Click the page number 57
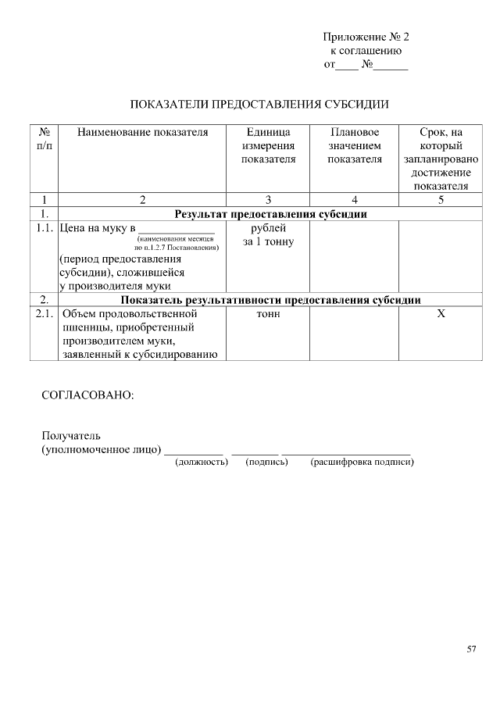(471, 648)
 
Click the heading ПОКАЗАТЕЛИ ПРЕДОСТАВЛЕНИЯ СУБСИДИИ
(259, 104)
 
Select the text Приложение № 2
(366, 37)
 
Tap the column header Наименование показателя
(142, 132)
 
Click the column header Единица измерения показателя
(268, 145)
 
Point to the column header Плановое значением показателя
(354, 145)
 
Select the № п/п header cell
(45, 139)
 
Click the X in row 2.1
(441, 314)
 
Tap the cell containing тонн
(268, 314)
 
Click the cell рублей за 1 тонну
(268, 235)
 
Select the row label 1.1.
(45, 229)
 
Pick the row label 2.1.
(45, 314)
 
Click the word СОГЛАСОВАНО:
(87, 395)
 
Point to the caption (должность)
(201, 462)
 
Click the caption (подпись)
(266, 462)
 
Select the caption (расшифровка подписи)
(361, 462)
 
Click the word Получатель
(71, 436)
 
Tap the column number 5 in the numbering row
(441, 199)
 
